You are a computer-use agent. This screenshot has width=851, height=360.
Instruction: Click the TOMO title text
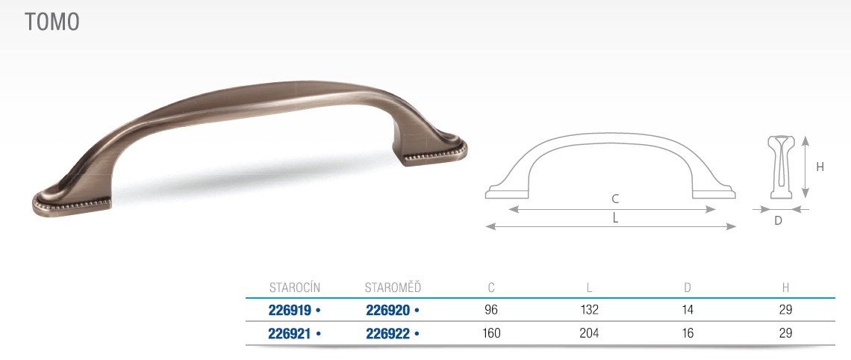click(52, 22)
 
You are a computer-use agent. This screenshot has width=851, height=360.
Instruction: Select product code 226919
click(290, 311)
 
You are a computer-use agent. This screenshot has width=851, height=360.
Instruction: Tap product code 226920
click(388, 311)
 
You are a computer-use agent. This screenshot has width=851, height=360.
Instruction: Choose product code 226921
click(290, 333)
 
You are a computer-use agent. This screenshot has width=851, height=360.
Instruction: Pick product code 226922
click(388, 333)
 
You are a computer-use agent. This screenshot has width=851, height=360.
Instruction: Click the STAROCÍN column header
click(295, 288)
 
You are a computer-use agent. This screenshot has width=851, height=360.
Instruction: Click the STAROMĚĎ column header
click(393, 288)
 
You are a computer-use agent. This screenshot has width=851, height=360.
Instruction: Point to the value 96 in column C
click(491, 310)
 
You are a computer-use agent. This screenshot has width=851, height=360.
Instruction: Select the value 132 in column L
click(590, 310)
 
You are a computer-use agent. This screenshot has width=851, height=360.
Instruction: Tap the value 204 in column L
click(590, 333)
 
